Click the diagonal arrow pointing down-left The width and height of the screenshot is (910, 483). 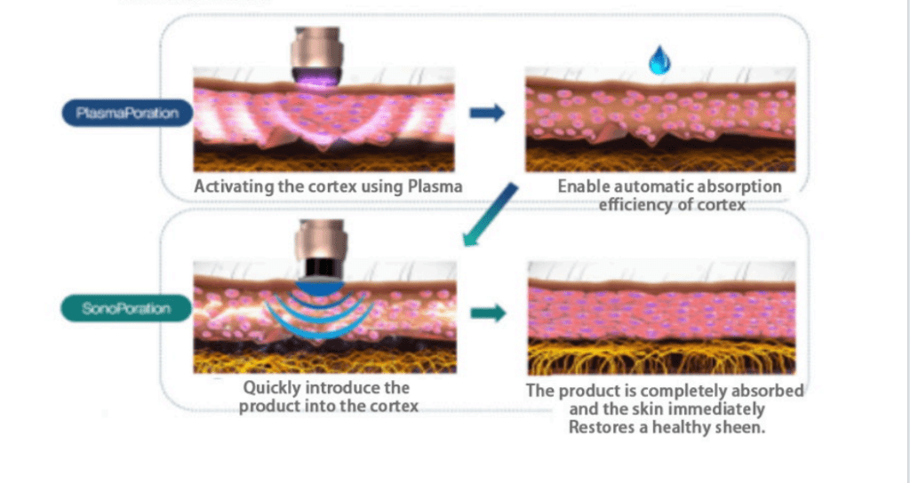[491, 213]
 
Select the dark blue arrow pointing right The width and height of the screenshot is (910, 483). [487, 113]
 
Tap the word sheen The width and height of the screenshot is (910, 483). [744, 426]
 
